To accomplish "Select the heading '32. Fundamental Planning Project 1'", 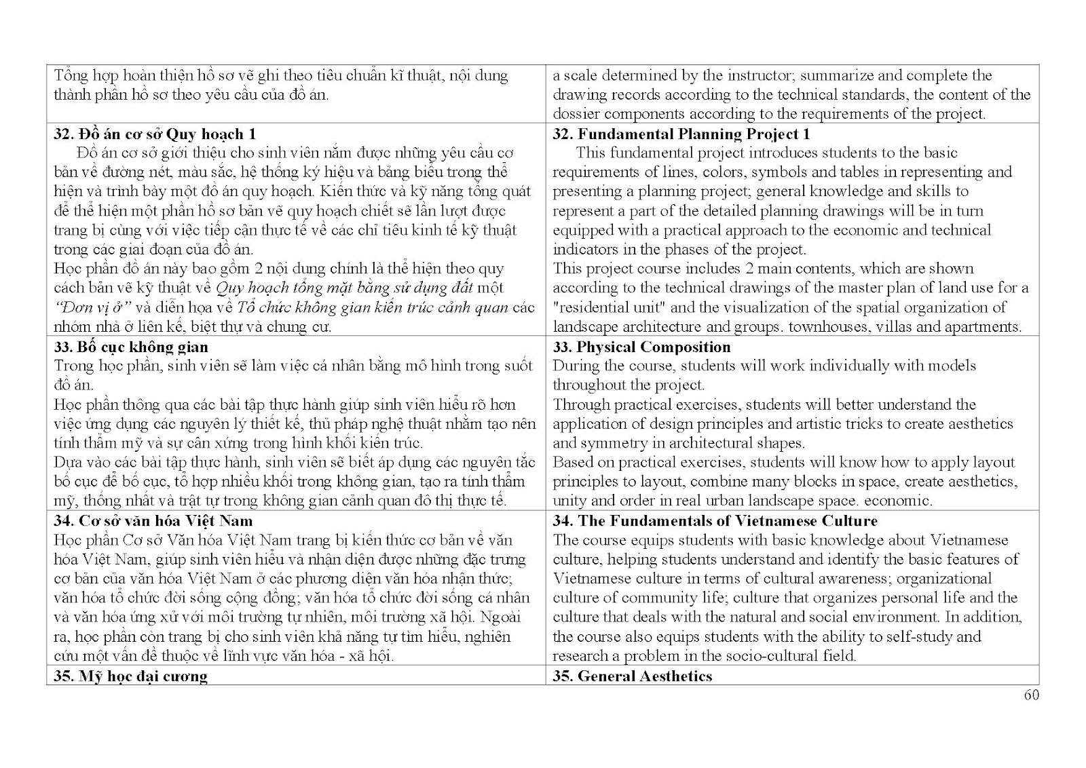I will [681, 134].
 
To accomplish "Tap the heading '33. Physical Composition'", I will [641, 347].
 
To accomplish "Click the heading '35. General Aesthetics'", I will [633, 676].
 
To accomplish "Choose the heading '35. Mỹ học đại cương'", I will [130, 676].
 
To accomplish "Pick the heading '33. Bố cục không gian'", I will [131, 347].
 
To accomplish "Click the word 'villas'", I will [891, 327].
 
